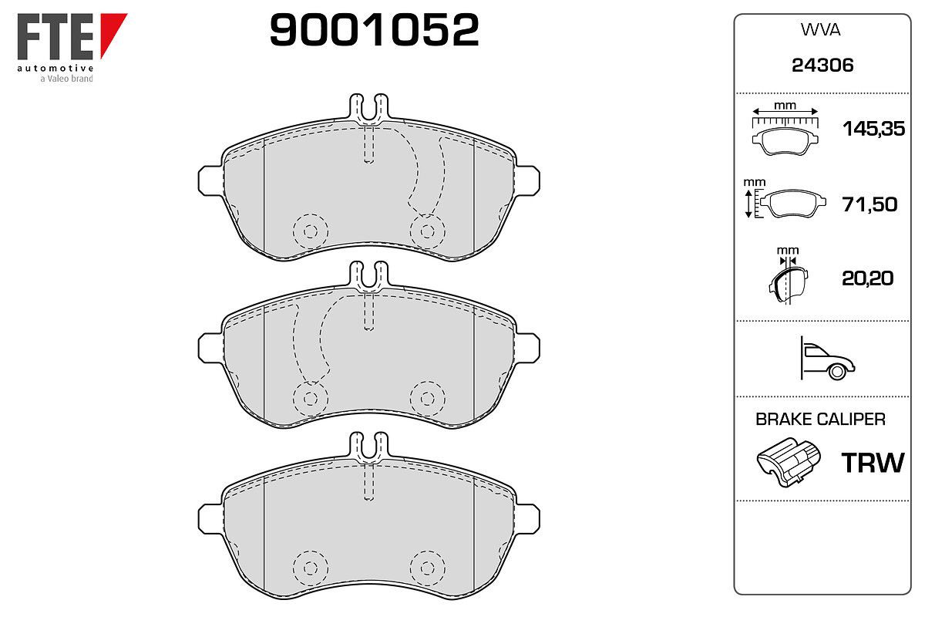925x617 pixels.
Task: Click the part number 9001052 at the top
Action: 374,29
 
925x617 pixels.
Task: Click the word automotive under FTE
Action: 55,68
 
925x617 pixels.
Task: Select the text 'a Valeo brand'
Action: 66,79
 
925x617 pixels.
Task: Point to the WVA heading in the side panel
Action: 820,30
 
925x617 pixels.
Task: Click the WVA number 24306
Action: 822,66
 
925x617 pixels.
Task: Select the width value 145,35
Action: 873,129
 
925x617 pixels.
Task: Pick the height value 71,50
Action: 869,204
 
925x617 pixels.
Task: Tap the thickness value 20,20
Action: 867,278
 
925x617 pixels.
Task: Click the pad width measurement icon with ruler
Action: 785,129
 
